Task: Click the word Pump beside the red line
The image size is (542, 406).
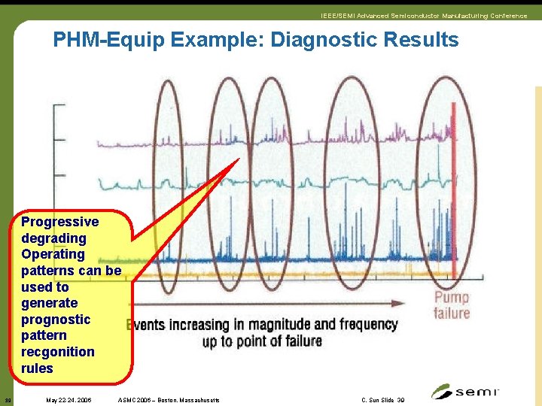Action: point(451,298)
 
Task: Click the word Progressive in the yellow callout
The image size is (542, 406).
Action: point(59,222)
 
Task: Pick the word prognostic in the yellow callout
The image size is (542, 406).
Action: point(56,320)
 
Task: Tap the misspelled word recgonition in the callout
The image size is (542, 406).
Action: point(58,352)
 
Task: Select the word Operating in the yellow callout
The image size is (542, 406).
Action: point(53,254)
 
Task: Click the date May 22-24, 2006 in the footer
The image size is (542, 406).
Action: point(69,400)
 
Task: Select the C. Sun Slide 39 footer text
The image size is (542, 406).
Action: point(383,400)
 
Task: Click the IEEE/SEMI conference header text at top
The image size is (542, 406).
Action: point(423,16)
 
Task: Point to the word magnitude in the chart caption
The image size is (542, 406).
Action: point(276,325)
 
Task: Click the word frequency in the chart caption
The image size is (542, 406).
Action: point(367,325)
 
